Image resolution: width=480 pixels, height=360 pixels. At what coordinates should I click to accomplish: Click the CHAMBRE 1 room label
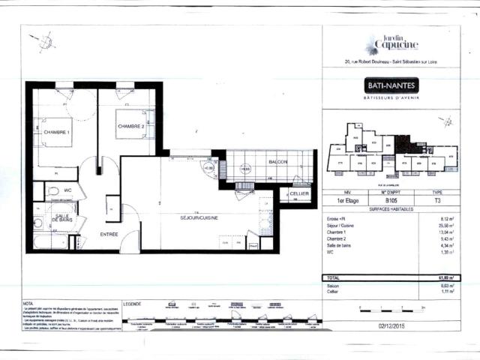(56, 133)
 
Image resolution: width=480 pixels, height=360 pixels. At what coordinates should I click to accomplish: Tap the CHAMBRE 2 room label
(136, 127)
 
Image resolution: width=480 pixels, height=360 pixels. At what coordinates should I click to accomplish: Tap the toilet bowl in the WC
(54, 192)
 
